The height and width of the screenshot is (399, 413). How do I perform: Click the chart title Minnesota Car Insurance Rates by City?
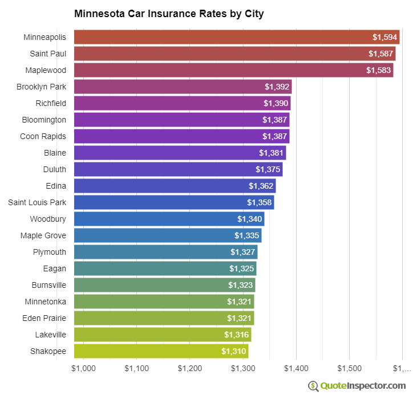click(x=169, y=13)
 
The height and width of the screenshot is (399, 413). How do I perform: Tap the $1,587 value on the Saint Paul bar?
click(x=380, y=54)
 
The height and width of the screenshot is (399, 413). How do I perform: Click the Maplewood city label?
click(x=46, y=70)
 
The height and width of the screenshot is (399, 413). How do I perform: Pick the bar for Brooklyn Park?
click(x=183, y=87)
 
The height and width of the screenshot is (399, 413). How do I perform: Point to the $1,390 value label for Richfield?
click(x=277, y=103)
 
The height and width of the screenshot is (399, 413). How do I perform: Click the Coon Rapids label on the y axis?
click(x=43, y=136)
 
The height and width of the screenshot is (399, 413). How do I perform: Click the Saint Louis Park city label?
click(x=37, y=202)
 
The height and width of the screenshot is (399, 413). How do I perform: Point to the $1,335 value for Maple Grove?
click(x=248, y=235)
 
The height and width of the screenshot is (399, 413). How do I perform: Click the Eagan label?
click(x=54, y=268)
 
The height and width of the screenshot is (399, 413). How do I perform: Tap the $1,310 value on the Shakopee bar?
click(x=234, y=351)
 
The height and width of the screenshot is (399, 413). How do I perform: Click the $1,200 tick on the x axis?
click(x=189, y=369)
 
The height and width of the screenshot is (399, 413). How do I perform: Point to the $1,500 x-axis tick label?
click(x=349, y=369)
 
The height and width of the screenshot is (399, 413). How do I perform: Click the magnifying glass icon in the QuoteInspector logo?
click(x=313, y=386)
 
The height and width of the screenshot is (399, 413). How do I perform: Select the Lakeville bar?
click(x=163, y=335)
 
